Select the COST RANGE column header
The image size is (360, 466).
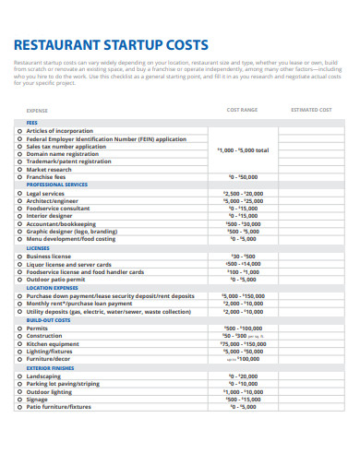[242, 110]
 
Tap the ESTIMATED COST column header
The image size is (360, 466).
[310, 110]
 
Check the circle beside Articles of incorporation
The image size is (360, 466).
[19, 131]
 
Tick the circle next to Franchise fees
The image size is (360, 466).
[19, 176]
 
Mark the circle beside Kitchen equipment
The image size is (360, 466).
[19, 343]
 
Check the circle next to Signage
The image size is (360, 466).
[19, 399]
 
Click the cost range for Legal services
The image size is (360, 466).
[243, 194]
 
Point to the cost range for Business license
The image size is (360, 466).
[243, 256]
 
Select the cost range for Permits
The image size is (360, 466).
[243, 328]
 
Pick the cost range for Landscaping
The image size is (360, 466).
[243, 376]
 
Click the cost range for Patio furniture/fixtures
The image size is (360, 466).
[243, 406]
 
